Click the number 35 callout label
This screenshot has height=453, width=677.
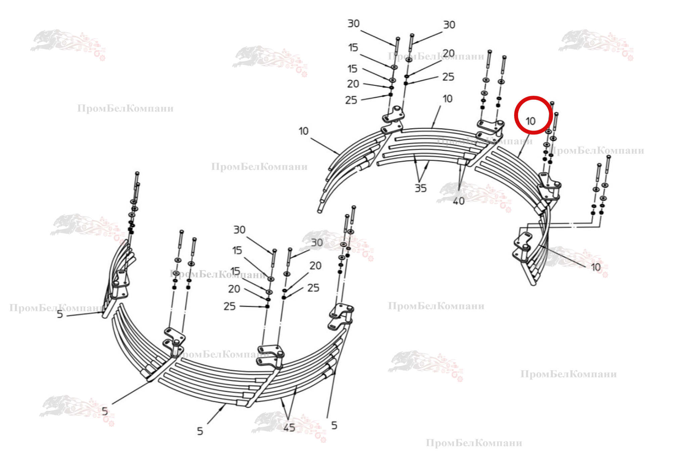coord(421,188)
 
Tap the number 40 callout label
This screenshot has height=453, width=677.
coord(459,201)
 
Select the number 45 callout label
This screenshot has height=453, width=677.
coord(289,427)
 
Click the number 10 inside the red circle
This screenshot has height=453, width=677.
coord(531,121)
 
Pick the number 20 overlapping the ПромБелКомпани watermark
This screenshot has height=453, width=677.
coord(449,53)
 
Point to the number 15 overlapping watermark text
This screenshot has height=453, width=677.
coord(235,271)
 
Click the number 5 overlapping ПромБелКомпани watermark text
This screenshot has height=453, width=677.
coord(60,314)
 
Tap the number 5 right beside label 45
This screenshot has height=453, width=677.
coord(334,425)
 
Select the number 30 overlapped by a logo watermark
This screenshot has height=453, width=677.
coord(317,243)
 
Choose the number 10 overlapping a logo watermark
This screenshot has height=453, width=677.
coord(596,267)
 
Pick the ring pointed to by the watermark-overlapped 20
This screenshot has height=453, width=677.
coord(407,76)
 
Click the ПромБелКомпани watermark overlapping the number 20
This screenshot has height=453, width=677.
coord(436,56)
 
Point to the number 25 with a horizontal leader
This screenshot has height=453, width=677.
coord(230,306)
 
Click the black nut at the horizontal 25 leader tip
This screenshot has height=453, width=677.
coord(267,307)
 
